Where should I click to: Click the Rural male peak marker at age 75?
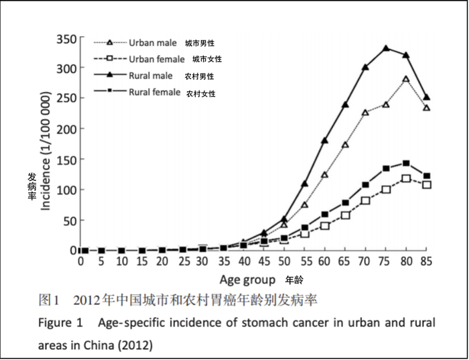[x=386, y=48]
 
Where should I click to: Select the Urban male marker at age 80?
[x=406, y=79]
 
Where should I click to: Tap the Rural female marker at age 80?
[x=406, y=163]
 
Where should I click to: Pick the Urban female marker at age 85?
[x=427, y=184]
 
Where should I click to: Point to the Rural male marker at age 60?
[x=325, y=141]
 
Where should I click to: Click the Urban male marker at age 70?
[x=366, y=113]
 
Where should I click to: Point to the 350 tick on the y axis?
[x=66, y=38]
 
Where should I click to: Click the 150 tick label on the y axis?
[x=66, y=160]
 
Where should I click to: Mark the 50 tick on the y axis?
[x=69, y=220]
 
